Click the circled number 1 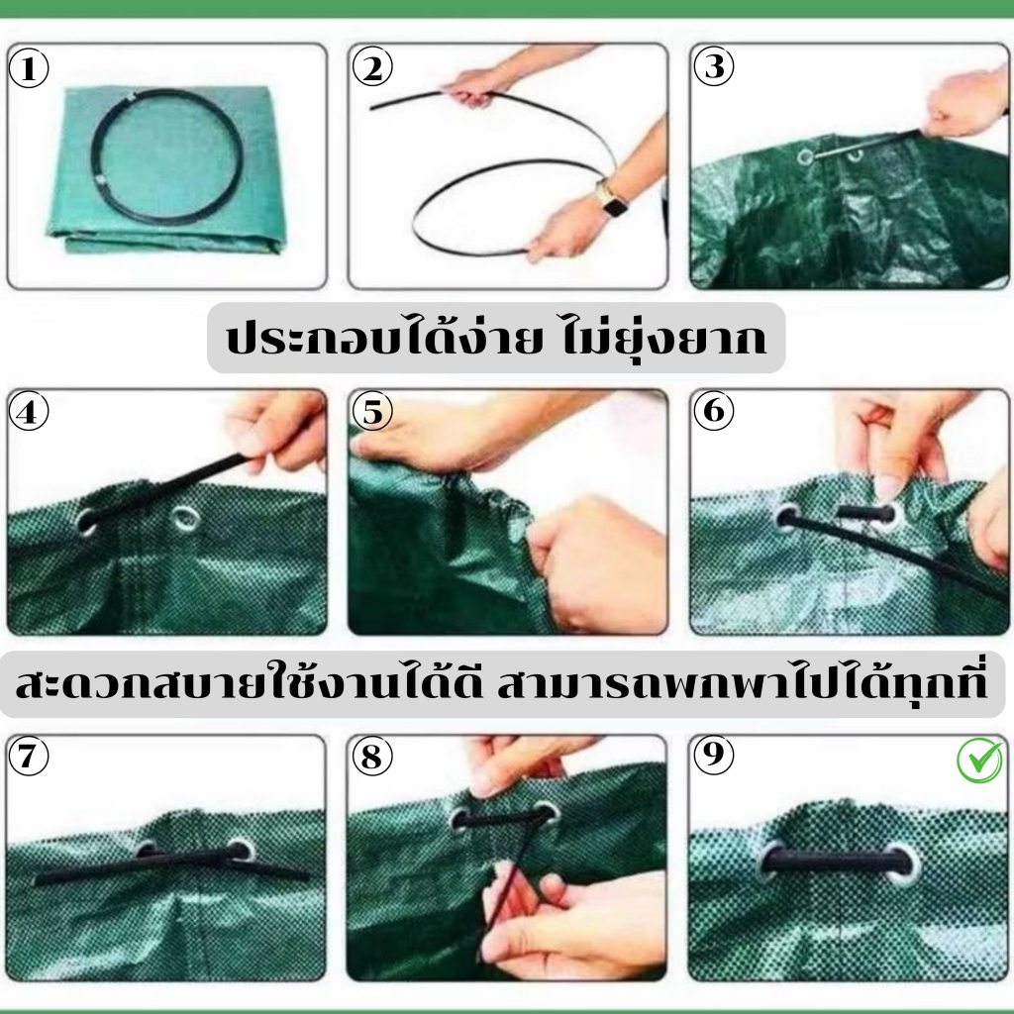29,68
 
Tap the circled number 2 372,67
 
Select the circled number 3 714,66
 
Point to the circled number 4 29,411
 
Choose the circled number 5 372,411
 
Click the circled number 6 714,410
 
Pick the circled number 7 29,756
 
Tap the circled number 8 372,756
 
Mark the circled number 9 714,754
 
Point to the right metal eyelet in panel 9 903,862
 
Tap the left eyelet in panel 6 787,518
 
